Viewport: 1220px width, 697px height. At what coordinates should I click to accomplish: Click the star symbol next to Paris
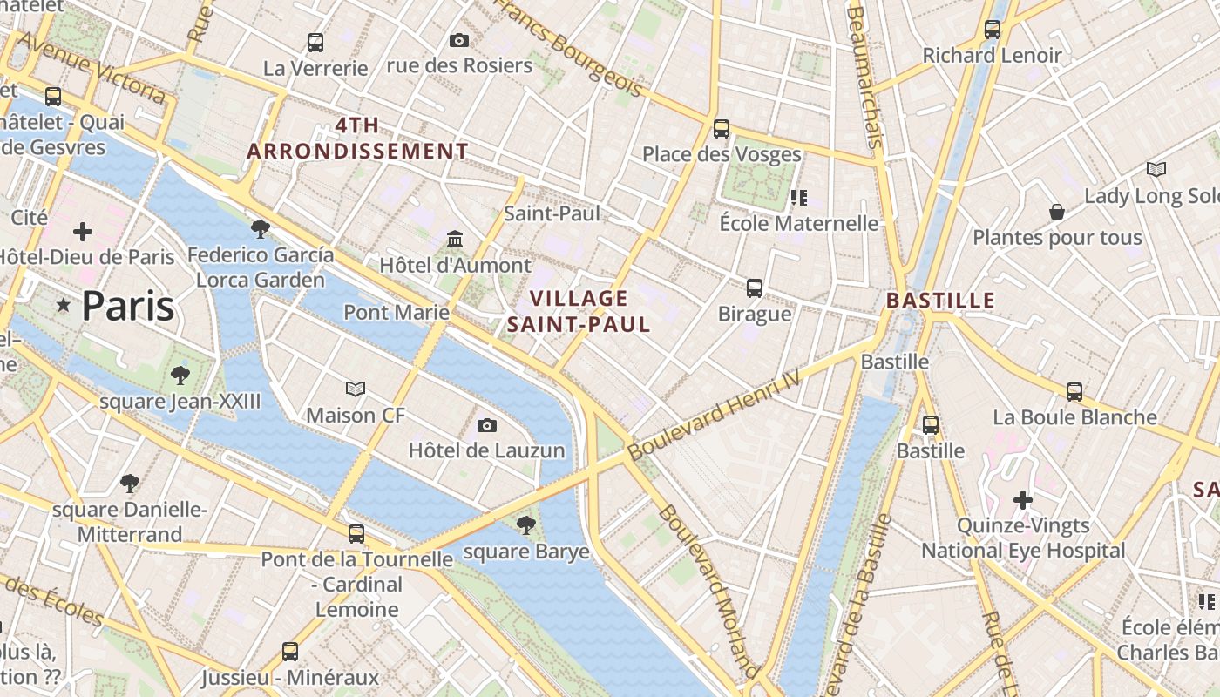point(63,306)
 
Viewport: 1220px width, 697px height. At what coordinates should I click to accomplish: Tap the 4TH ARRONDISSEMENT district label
point(357,138)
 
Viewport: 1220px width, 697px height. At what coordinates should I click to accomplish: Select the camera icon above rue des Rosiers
point(458,40)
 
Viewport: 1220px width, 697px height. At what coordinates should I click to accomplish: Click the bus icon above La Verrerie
point(315,42)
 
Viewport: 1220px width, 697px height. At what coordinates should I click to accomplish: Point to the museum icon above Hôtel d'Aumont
point(455,239)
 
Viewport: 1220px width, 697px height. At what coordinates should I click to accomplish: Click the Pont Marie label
point(396,312)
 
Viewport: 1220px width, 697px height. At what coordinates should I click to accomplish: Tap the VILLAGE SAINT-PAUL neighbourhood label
point(579,311)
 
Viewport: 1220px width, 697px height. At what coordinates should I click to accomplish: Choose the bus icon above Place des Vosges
point(722,129)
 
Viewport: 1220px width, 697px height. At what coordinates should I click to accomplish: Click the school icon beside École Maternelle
point(798,198)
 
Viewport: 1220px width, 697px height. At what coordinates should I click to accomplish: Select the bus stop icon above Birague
point(755,288)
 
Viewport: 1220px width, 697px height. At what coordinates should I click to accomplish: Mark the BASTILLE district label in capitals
point(940,301)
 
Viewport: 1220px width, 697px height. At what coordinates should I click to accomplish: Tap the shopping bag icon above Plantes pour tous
point(1057,212)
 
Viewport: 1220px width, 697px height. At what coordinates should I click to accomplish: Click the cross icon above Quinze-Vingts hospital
point(1023,500)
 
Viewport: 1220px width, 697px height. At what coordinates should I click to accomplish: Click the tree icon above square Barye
point(525,524)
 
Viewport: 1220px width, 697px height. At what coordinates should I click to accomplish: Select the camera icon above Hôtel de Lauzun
point(487,425)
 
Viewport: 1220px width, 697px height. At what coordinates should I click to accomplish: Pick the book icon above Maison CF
point(356,389)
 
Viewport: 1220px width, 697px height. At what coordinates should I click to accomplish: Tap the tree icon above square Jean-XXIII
point(180,376)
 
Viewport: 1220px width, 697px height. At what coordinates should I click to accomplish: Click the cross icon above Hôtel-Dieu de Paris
point(83,232)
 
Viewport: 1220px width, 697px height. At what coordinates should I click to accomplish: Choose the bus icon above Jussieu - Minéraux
point(290,651)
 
